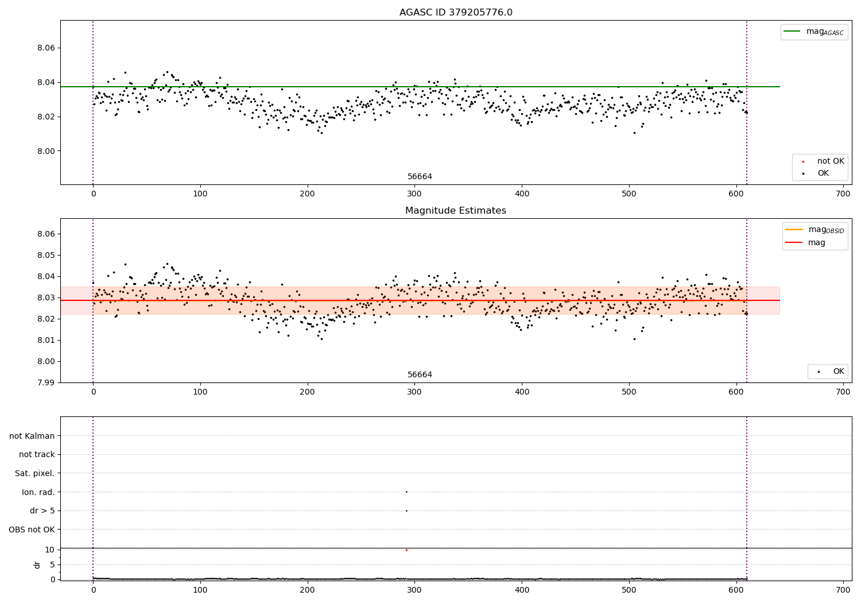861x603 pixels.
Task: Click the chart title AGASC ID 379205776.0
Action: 456,13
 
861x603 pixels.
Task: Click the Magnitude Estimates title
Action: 456,211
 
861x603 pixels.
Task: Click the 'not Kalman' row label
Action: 32,436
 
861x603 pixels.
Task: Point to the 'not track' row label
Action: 37,454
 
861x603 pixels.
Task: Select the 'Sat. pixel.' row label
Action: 35,473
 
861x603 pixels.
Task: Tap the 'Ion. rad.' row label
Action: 38,492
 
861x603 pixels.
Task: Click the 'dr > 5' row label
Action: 42,511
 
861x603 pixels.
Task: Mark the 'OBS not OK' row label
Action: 32,529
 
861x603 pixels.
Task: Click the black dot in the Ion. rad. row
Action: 406,492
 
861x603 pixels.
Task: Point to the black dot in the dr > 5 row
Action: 406,511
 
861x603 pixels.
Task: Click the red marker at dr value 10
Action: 406,550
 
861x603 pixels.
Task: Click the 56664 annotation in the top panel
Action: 420,177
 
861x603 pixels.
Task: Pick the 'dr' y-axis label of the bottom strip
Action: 37,565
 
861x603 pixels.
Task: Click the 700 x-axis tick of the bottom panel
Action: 843,589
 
